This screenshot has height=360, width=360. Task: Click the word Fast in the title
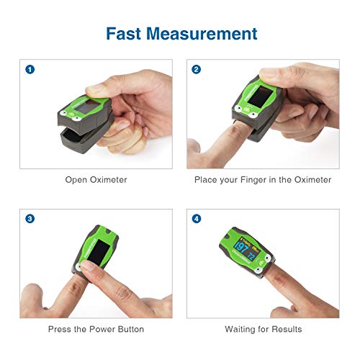click(126, 33)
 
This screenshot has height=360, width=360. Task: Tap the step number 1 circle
click(30, 70)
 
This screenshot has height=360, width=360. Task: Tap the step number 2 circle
click(197, 70)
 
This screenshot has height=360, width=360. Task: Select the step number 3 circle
click(30, 219)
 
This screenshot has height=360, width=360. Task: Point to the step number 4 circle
click(197, 219)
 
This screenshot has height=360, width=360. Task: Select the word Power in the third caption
click(100, 329)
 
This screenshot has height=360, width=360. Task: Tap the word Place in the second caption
click(206, 179)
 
